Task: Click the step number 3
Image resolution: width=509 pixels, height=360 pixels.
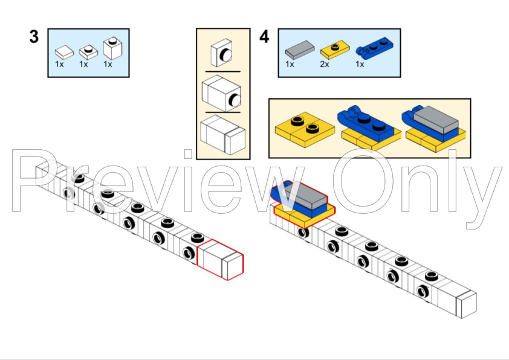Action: [34, 36]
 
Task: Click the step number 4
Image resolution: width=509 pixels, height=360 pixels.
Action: [264, 36]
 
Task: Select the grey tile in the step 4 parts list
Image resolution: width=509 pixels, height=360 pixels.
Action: [300, 50]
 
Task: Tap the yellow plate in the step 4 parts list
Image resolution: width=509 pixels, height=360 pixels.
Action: [335, 50]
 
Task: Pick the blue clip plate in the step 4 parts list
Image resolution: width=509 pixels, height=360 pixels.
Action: [374, 48]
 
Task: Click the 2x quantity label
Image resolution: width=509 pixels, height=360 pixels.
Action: [324, 64]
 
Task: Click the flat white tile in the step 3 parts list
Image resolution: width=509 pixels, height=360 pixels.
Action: [64, 52]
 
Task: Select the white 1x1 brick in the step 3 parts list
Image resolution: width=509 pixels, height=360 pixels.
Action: [112, 49]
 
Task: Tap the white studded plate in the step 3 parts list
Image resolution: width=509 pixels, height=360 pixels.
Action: [88, 52]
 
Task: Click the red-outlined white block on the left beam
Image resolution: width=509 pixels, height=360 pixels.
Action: [220, 260]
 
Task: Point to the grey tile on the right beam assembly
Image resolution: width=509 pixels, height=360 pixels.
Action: [305, 195]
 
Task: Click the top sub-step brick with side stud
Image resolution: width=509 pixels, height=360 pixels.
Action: [222, 53]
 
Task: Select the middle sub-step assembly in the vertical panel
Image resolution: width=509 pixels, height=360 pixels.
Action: [221, 93]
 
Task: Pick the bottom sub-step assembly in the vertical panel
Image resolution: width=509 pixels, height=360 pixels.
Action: [222, 135]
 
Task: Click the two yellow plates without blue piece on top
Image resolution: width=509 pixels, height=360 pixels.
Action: [305, 130]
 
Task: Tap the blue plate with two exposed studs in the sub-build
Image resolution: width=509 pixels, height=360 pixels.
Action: [366, 123]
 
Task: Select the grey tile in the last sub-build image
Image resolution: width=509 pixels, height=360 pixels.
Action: [436, 120]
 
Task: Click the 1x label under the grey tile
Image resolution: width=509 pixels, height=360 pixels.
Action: [290, 64]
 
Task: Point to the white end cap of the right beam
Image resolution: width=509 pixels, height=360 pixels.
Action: [467, 304]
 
